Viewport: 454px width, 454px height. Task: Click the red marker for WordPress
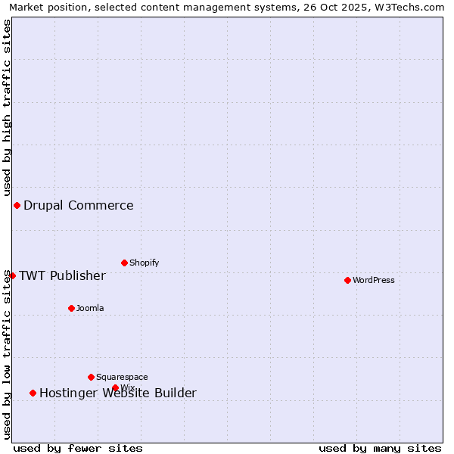[347, 280]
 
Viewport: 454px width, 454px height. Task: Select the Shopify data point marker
[124, 263]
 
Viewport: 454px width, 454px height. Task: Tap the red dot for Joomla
[71, 308]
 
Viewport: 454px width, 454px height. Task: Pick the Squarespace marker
[91, 377]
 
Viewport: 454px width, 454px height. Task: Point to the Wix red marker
[115, 387]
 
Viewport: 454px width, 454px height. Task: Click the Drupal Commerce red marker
[17, 205]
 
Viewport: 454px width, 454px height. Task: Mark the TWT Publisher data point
[12, 275]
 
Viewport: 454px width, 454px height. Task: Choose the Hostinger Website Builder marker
[33, 393]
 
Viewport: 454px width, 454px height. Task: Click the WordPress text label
[374, 280]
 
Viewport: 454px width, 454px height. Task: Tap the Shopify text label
[144, 263]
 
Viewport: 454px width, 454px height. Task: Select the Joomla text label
[90, 308]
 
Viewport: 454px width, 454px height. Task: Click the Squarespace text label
[122, 377]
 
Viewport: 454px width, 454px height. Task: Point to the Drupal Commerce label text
[79, 205]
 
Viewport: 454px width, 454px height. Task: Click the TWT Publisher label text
[62, 275]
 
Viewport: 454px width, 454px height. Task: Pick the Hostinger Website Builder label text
[118, 393]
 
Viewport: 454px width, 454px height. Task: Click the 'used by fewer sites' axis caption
[78, 448]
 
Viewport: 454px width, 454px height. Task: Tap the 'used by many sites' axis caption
[380, 448]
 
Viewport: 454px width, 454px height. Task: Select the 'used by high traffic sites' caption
[7, 107]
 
